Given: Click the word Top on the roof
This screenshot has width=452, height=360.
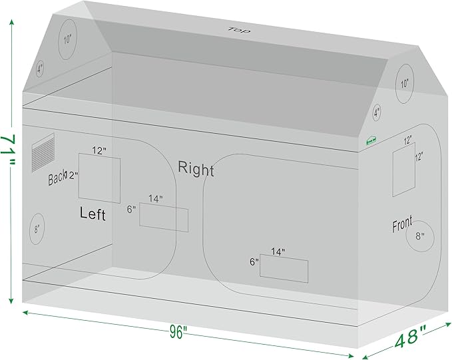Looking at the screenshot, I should tap(234, 30).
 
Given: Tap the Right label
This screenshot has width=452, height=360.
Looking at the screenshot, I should tap(196, 170).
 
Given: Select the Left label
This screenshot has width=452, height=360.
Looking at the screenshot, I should tap(93, 214).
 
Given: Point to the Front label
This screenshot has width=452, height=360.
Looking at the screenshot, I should tap(402, 224).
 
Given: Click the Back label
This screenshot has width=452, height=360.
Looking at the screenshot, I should tap(57, 178).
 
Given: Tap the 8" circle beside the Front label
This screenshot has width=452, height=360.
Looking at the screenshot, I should tap(421, 236).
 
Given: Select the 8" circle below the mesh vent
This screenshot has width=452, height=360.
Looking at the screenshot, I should tap(37, 229).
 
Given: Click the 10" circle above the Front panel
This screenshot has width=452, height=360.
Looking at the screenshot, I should tap(405, 85).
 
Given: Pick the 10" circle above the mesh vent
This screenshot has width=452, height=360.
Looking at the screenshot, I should tap(67, 39).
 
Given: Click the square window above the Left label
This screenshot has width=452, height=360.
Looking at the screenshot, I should tap(100, 178).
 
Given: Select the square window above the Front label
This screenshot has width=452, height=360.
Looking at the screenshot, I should tap(403, 172).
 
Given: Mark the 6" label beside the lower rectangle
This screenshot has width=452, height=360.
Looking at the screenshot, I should tap(254, 262).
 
